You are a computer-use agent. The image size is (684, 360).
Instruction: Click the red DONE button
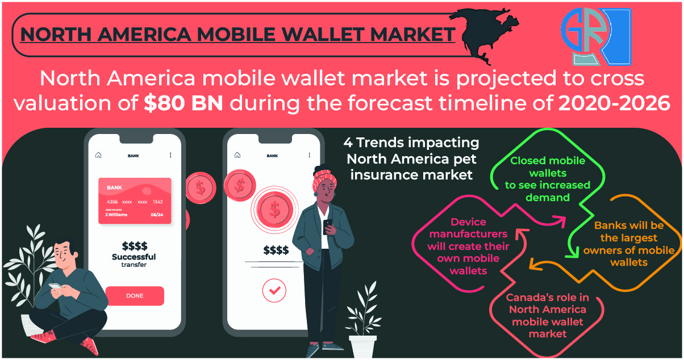click(135, 296)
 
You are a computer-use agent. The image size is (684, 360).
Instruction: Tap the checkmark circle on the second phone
click(274, 290)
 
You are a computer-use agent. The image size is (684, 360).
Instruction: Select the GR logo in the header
click(596, 36)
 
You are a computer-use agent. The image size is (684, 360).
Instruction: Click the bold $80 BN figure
click(183, 103)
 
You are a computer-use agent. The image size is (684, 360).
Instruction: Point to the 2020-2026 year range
click(614, 103)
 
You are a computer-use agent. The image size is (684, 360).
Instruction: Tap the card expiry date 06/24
click(157, 215)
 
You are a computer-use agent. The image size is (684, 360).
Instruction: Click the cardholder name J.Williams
click(116, 215)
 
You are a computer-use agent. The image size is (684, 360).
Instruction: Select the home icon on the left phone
click(98, 155)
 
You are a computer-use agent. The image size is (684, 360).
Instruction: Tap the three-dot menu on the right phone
click(309, 155)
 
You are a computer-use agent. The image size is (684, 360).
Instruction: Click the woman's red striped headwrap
click(324, 179)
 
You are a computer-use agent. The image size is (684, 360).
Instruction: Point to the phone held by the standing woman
click(328, 226)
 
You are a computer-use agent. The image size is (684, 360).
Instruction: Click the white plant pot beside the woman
click(363, 346)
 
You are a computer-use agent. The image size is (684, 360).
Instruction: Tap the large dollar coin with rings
click(274, 210)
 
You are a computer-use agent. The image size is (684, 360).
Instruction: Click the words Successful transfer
click(134, 261)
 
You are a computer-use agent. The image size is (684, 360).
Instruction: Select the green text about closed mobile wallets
click(548, 179)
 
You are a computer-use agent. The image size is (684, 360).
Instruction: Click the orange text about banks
click(629, 244)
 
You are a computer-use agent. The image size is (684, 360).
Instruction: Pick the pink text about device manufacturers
click(468, 246)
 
